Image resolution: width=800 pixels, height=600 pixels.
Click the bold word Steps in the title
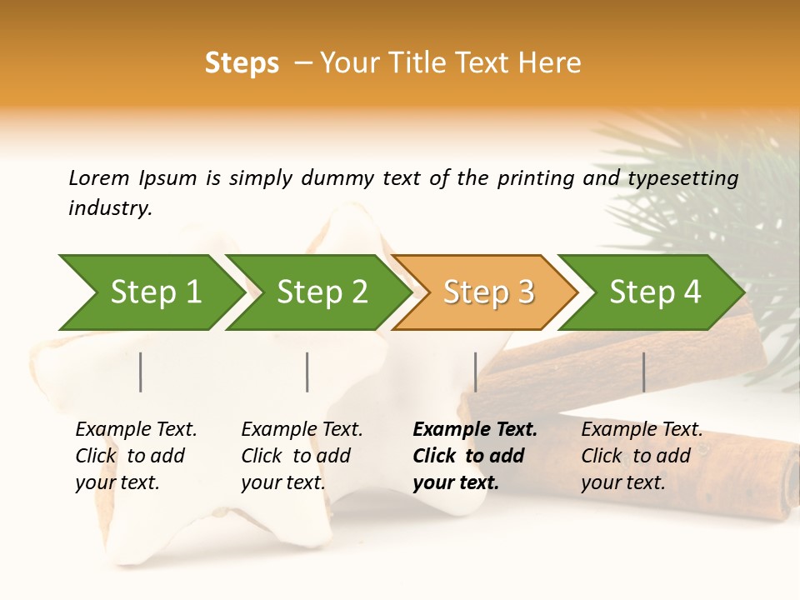point(242,63)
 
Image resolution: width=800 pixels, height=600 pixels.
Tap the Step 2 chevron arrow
point(322,292)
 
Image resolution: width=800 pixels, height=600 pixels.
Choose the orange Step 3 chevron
point(488,292)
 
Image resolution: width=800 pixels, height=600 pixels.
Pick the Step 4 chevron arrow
point(655,292)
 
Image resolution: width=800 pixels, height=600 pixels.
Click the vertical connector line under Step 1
point(141,372)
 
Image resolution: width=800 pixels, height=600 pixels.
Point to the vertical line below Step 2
point(307,372)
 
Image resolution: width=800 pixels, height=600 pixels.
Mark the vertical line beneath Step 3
point(475,372)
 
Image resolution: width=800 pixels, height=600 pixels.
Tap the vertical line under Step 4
point(643,372)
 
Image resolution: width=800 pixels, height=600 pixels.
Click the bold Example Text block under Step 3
point(475,456)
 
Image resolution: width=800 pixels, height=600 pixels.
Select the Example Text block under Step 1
point(136,456)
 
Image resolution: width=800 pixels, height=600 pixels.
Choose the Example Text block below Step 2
point(302,456)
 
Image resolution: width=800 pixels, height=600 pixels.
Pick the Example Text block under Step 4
point(642,456)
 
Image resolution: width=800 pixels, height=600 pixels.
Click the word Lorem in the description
point(98,177)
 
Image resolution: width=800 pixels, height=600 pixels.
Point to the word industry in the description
point(110,208)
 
